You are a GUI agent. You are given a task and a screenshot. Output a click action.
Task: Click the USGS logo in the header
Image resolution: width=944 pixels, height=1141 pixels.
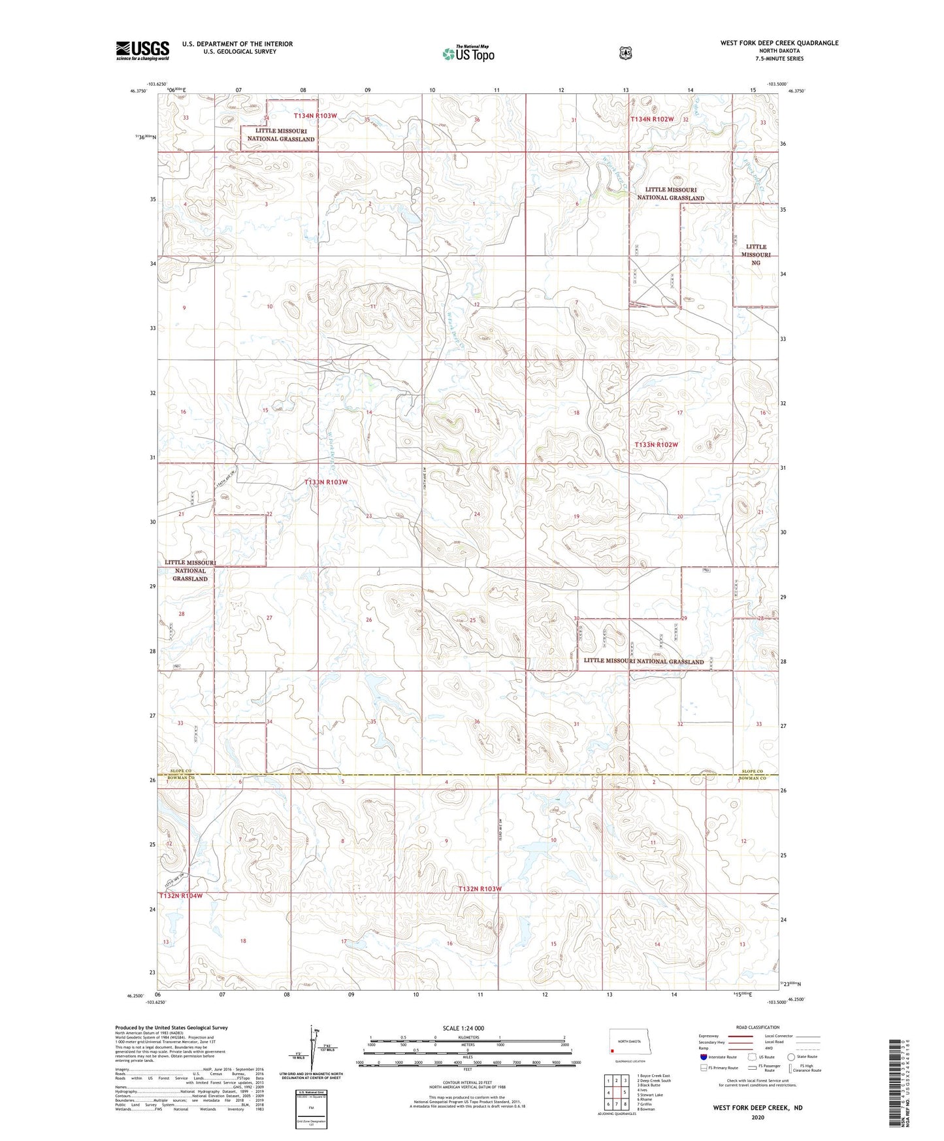tap(142, 50)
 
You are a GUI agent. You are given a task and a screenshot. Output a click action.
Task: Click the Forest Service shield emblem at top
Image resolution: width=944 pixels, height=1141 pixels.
tap(625, 53)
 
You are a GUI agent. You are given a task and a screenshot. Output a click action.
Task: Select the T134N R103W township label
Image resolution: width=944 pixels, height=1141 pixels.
tap(316, 116)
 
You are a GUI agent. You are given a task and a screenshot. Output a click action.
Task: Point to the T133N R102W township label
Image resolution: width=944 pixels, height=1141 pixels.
tap(657, 444)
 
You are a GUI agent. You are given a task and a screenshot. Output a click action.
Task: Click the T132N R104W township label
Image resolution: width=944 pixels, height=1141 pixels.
tap(180, 895)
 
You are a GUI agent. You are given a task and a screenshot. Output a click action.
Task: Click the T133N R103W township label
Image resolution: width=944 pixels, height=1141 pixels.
tap(326, 482)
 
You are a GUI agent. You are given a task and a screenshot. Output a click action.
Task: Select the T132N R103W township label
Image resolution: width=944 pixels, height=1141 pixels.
tap(480, 889)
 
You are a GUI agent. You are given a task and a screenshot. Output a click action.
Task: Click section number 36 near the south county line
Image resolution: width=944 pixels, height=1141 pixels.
tap(477, 721)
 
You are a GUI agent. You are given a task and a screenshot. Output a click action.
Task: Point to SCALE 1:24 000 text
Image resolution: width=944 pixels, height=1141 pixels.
tap(463, 1028)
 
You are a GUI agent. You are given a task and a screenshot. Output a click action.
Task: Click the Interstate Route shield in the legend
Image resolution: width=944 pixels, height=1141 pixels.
tap(703, 1056)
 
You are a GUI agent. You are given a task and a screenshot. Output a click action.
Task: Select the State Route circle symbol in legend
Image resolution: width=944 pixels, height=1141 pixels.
tap(791, 1056)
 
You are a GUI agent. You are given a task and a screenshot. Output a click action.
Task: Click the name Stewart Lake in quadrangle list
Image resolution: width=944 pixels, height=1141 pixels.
tap(651, 1095)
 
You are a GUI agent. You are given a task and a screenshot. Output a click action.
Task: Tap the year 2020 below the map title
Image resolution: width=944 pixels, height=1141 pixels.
tap(758, 1117)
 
